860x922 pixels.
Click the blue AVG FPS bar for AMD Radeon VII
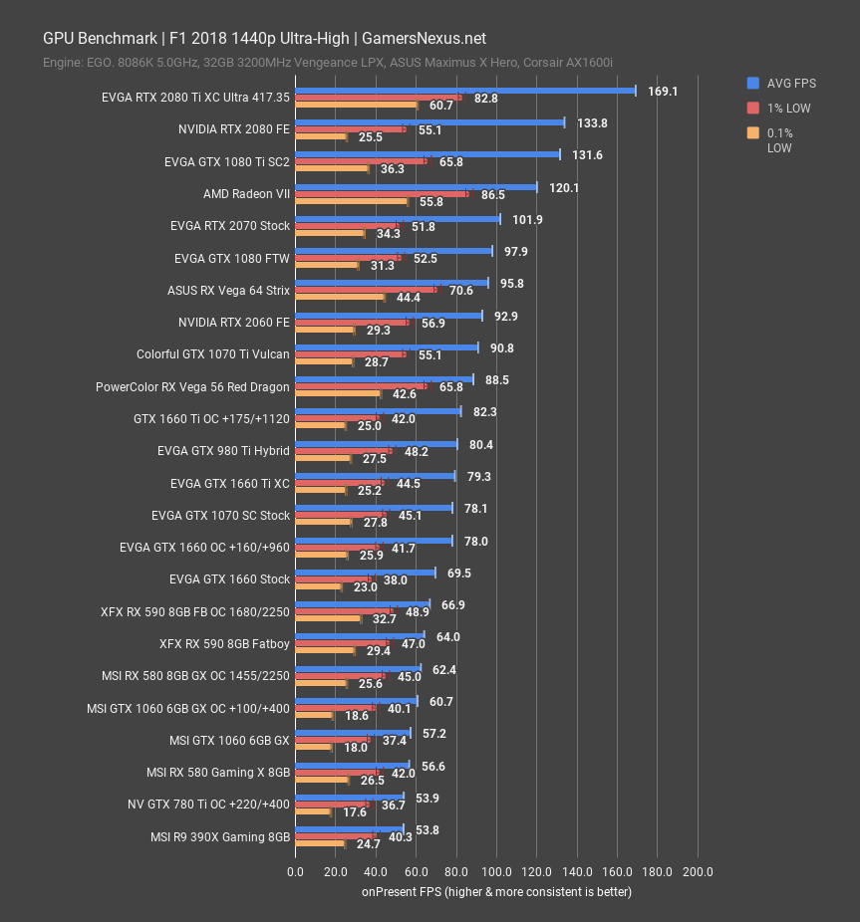click(417, 186)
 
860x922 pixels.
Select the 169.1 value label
click(663, 91)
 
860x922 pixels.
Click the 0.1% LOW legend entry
click(779, 140)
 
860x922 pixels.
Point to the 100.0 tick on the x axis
click(496, 872)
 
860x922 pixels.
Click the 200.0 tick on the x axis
click(698, 872)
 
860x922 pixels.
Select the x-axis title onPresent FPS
click(496, 892)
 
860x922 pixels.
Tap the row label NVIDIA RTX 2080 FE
click(234, 129)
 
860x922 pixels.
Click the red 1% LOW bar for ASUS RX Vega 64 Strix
click(366, 290)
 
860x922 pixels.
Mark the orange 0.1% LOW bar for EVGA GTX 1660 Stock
click(319, 587)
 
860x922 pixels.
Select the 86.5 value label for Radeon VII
click(492, 196)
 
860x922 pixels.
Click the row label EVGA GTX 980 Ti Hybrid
click(223, 451)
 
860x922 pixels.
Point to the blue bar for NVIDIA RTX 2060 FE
click(389, 316)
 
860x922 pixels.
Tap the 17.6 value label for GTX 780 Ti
click(355, 812)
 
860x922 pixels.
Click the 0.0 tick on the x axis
click(296, 872)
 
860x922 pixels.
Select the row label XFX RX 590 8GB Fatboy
click(224, 644)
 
